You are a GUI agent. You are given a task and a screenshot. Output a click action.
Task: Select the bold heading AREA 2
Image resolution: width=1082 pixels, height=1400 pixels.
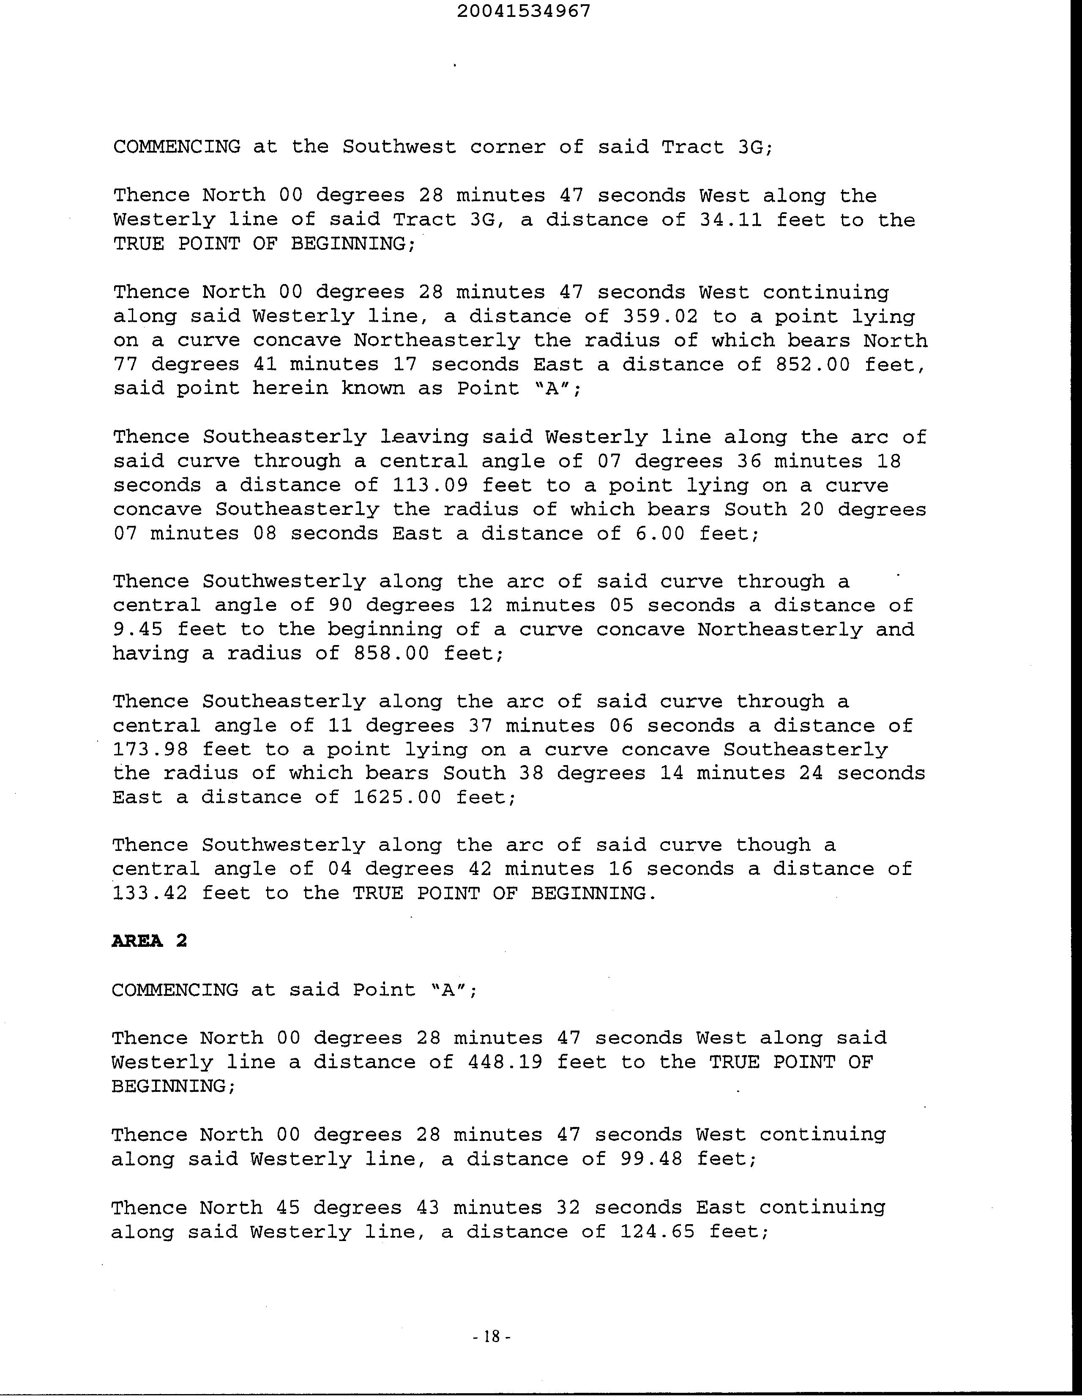click(149, 941)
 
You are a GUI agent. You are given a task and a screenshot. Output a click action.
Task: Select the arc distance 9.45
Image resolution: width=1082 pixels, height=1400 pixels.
click(138, 629)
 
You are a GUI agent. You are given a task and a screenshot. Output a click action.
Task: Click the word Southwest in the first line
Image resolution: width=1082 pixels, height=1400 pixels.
click(399, 147)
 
